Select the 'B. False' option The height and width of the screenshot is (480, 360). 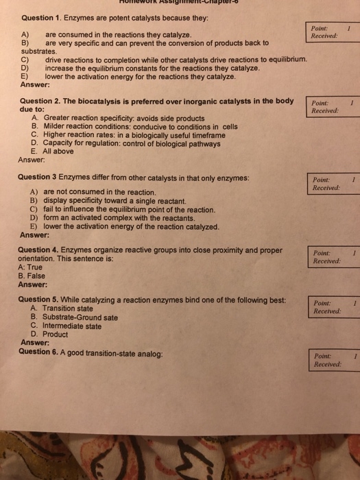coord(33,276)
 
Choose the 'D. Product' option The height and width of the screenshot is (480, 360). coord(50,335)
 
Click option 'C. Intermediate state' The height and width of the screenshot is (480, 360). coord(66,326)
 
